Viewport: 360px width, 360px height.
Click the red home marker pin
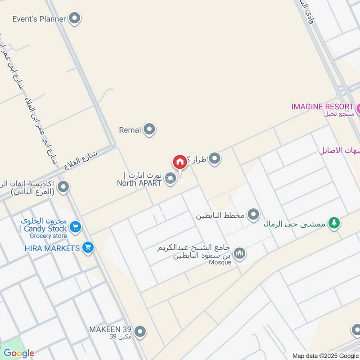coord(179,162)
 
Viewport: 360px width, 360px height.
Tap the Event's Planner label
coord(39,19)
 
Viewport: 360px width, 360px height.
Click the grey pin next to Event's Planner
coord(75,19)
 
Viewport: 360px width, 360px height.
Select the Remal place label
coord(130,130)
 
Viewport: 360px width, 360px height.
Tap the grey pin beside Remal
coord(149,130)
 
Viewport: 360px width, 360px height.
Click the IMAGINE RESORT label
coord(322,107)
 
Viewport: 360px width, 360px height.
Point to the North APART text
coord(139,183)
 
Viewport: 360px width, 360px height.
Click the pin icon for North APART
coord(170,179)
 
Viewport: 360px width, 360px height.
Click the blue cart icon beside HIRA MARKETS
coord(88,247)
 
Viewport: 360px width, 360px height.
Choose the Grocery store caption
coord(48,236)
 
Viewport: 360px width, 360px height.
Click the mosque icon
coord(240,254)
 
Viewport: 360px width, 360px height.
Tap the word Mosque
coord(220,263)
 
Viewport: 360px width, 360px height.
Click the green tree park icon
coord(333,223)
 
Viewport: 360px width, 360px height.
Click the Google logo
coord(18,353)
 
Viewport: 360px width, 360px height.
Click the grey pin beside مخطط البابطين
coord(254,215)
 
